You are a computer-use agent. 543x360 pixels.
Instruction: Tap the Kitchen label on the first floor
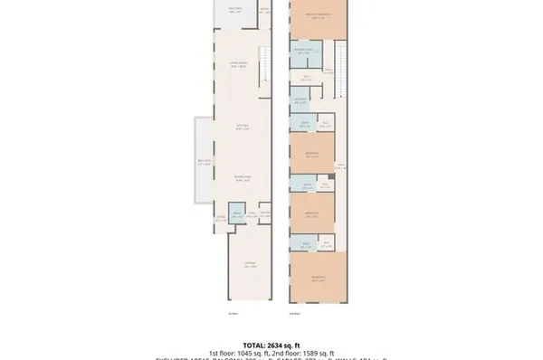pos(243,126)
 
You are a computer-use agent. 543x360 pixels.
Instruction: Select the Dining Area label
pos(243,178)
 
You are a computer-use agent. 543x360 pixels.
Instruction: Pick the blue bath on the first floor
pos(237,215)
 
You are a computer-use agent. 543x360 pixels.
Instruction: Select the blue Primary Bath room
pos(303,51)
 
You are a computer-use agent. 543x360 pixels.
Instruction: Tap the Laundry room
pos(300,99)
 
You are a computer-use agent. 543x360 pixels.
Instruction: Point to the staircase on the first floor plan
pos(264,68)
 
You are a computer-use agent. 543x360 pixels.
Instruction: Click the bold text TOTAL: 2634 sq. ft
pos(271,345)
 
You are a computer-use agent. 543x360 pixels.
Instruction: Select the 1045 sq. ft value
pos(251,353)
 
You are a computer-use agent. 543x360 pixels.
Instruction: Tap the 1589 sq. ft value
pos(318,353)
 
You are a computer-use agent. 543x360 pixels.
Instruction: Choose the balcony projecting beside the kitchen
pos(204,163)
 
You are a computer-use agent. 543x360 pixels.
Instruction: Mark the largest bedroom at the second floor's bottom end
pos(318,276)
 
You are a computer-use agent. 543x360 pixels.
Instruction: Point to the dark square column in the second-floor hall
pos(331,176)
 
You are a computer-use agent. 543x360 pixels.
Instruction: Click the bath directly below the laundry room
pos(306,122)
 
